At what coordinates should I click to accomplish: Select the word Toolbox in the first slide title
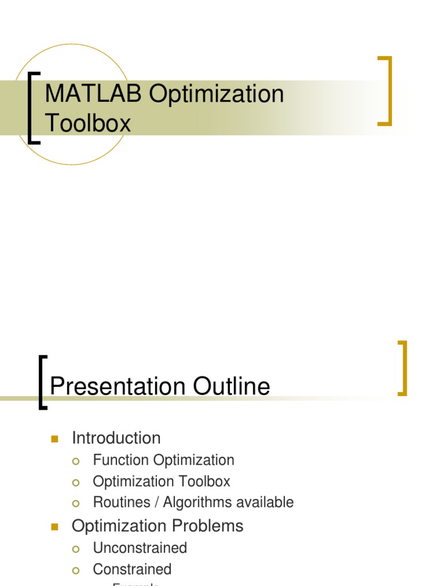[88, 122]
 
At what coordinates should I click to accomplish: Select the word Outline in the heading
[231, 387]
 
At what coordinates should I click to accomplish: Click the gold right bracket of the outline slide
[403, 368]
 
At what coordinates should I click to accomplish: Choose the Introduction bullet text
[116, 438]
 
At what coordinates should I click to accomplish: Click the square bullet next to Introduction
[55, 439]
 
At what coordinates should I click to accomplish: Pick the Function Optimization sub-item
[163, 460]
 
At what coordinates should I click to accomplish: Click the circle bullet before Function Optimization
[76, 461]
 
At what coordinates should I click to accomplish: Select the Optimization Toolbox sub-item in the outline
[161, 481]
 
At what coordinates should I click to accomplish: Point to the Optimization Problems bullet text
[157, 526]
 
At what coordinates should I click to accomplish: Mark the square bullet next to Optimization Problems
[55, 526]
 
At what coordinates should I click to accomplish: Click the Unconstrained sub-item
[140, 548]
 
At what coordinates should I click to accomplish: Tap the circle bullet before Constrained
[76, 570]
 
